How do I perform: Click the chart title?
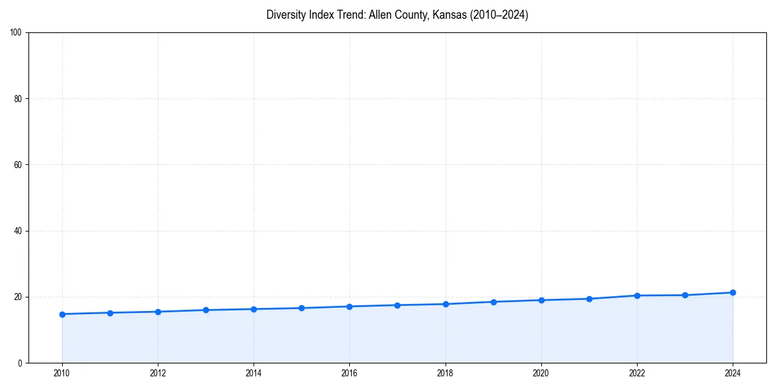397,15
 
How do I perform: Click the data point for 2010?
62,314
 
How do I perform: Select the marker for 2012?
158,312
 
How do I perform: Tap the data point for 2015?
302,308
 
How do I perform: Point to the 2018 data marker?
446,304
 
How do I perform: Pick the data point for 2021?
589,299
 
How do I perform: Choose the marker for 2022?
637,296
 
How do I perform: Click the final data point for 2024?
733,292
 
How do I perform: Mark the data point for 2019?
493,302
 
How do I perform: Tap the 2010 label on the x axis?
62,373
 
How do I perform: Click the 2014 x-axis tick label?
253,373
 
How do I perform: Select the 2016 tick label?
349,373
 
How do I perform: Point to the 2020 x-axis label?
541,373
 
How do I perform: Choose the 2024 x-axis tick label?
733,373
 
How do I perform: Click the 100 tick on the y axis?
16,32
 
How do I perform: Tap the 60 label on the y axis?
18,165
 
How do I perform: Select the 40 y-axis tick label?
18,231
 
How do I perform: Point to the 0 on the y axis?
20,363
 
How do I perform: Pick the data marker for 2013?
206,310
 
